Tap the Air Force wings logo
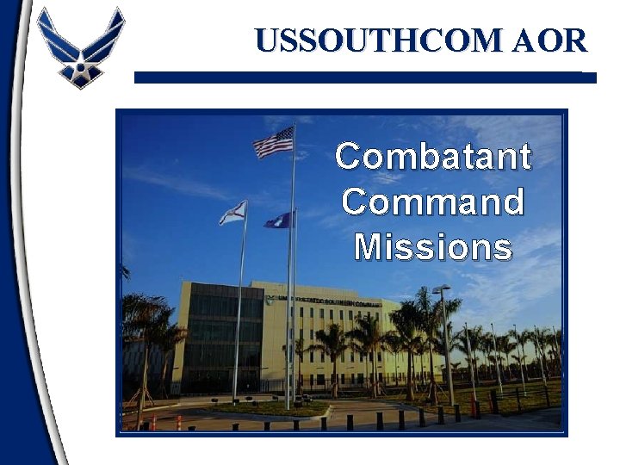pyautogui.click(x=81, y=47)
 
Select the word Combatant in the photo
pyautogui.click(x=433, y=158)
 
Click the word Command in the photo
pyautogui.click(x=433, y=203)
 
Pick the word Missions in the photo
pyautogui.click(x=433, y=248)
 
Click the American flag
pyautogui.click(x=274, y=143)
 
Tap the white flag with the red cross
pyautogui.click(x=233, y=213)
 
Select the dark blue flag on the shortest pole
pyautogui.click(x=279, y=220)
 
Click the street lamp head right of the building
pyautogui.click(x=441, y=289)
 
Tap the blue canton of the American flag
pyautogui.click(x=284, y=135)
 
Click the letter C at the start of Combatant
pyautogui.click(x=348, y=158)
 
